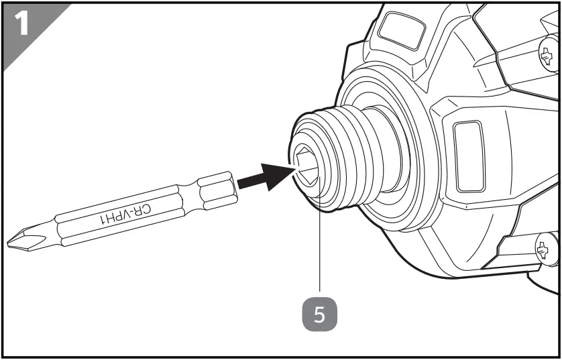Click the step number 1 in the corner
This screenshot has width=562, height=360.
coord(21,24)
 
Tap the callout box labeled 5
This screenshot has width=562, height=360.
coord(321,314)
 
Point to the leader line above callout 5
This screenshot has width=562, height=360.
coord(321,255)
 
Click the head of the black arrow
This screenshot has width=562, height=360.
coord(278,175)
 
